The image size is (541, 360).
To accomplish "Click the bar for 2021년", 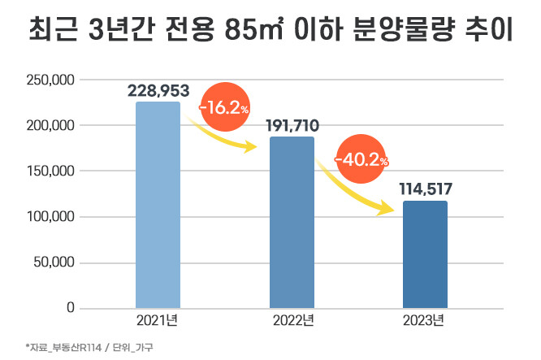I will tap(158, 205).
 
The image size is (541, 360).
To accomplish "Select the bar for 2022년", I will tap(292, 222).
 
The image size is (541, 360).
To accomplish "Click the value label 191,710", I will tap(292, 125).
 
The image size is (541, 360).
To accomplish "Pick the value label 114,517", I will tap(425, 189).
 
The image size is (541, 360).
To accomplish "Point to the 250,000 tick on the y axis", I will tap(51, 80).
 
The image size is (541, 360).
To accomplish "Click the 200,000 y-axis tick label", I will tap(51, 125).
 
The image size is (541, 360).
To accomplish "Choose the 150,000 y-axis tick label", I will tap(51, 171).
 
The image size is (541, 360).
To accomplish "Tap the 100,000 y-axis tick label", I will tap(51, 217).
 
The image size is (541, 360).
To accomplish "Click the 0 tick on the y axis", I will tap(71, 308).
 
